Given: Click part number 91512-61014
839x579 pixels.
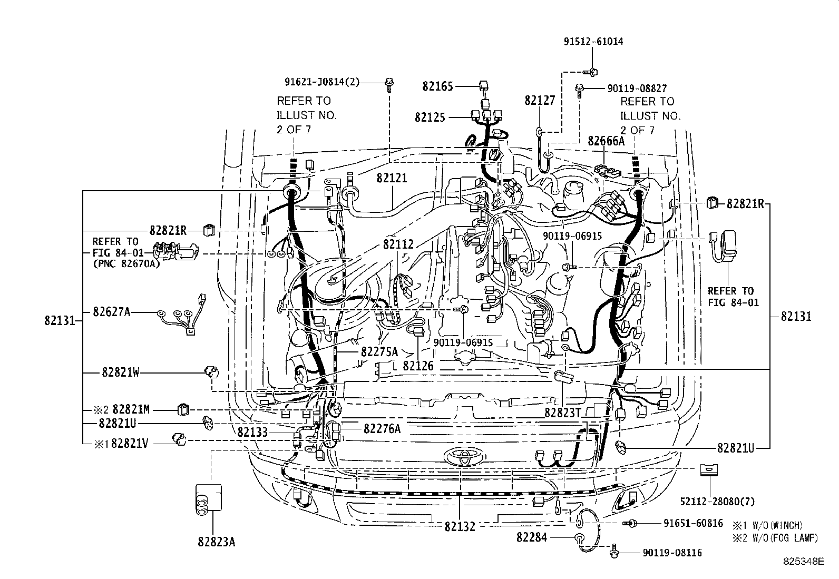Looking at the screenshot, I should (x=593, y=41).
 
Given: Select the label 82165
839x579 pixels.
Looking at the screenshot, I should (x=437, y=86).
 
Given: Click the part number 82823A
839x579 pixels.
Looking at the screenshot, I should (x=217, y=541).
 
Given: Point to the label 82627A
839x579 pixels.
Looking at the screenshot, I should (x=111, y=312).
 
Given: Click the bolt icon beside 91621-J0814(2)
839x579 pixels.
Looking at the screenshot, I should (x=389, y=82).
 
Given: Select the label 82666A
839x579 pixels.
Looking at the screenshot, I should (x=606, y=141).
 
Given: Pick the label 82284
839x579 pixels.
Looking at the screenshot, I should (x=534, y=537).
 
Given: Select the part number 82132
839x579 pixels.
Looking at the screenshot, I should (x=460, y=526).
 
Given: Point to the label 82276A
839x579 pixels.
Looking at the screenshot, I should (x=382, y=429).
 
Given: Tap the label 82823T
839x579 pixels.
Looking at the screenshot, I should (x=562, y=413).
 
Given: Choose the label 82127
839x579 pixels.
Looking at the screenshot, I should (x=540, y=101).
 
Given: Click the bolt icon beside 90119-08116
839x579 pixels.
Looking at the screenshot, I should (x=614, y=553).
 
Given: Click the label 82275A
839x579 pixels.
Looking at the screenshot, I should (x=379, y=351).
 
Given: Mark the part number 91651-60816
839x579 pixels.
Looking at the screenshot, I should (x=693, y=523).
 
